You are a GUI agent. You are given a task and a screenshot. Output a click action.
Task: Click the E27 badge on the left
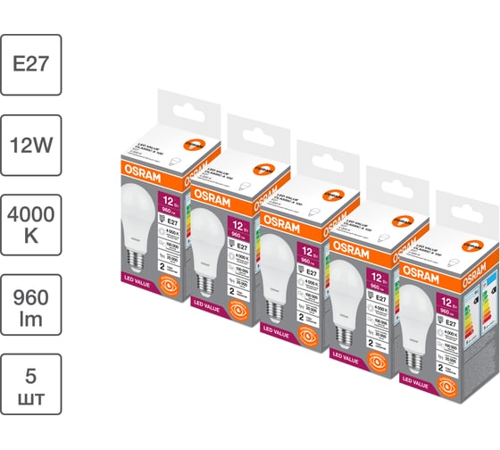(x=31, y=65)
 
